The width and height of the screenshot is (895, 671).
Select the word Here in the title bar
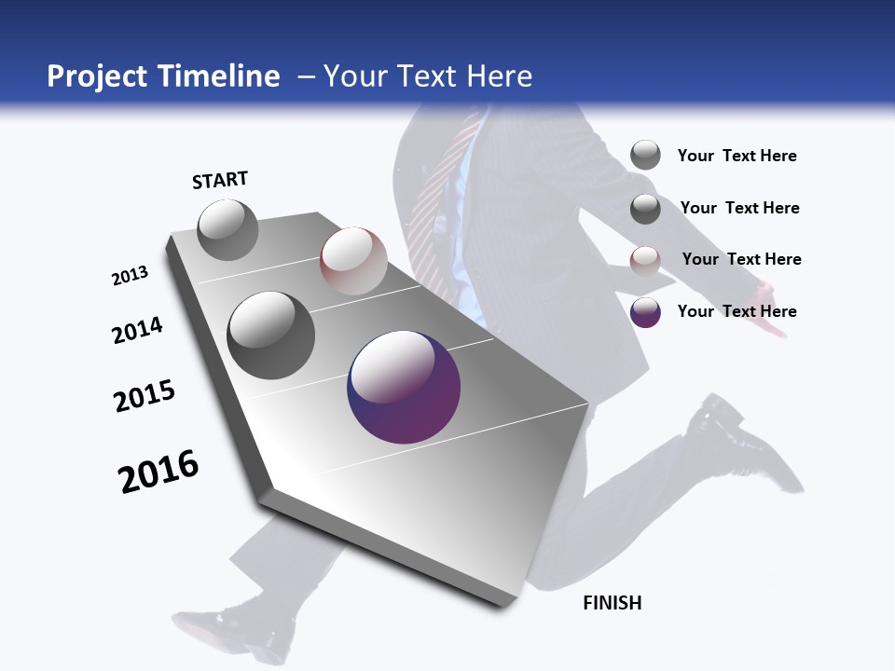(x=499, y=76)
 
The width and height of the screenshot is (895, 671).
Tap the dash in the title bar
(x=306, y=76)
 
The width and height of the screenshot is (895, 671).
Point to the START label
(x=220, y=180)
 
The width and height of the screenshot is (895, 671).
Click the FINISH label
(x=612, y=603)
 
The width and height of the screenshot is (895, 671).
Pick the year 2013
(x=131, y=276)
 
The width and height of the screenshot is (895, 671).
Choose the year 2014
(x=138, y=330)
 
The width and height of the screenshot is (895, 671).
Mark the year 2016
(x=158, y=472)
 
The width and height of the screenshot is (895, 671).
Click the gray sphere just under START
(x=227, y=229)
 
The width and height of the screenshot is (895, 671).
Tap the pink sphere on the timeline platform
(x=353, y=261)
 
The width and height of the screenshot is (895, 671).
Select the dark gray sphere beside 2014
(x=271, y=335)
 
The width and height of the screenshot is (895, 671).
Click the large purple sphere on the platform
(x=404, y=387)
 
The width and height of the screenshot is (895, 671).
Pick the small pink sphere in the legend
(x=645, y=261)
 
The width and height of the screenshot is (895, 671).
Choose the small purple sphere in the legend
(x=645, y=312)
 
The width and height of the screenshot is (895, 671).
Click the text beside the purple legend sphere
(x=737, y=311)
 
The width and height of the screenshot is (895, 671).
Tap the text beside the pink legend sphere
(x=741, y=259)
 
